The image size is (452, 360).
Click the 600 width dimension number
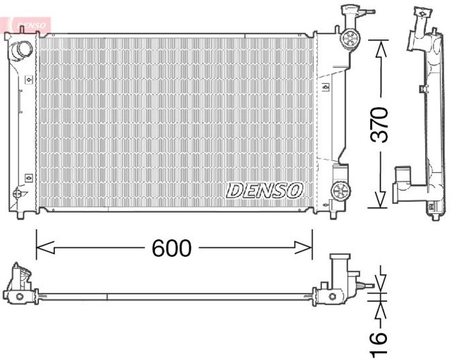(x=172, y=248)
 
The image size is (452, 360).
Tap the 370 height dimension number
(x=380, y=126)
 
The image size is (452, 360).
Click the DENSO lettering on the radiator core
(x=264, y=190)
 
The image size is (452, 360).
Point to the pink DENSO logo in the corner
(x=28, y=24)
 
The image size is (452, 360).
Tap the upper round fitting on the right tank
(x=348, y=39)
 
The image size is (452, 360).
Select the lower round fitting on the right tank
(x=340, y=190)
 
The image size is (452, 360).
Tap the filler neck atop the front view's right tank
(x=349, y=13)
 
